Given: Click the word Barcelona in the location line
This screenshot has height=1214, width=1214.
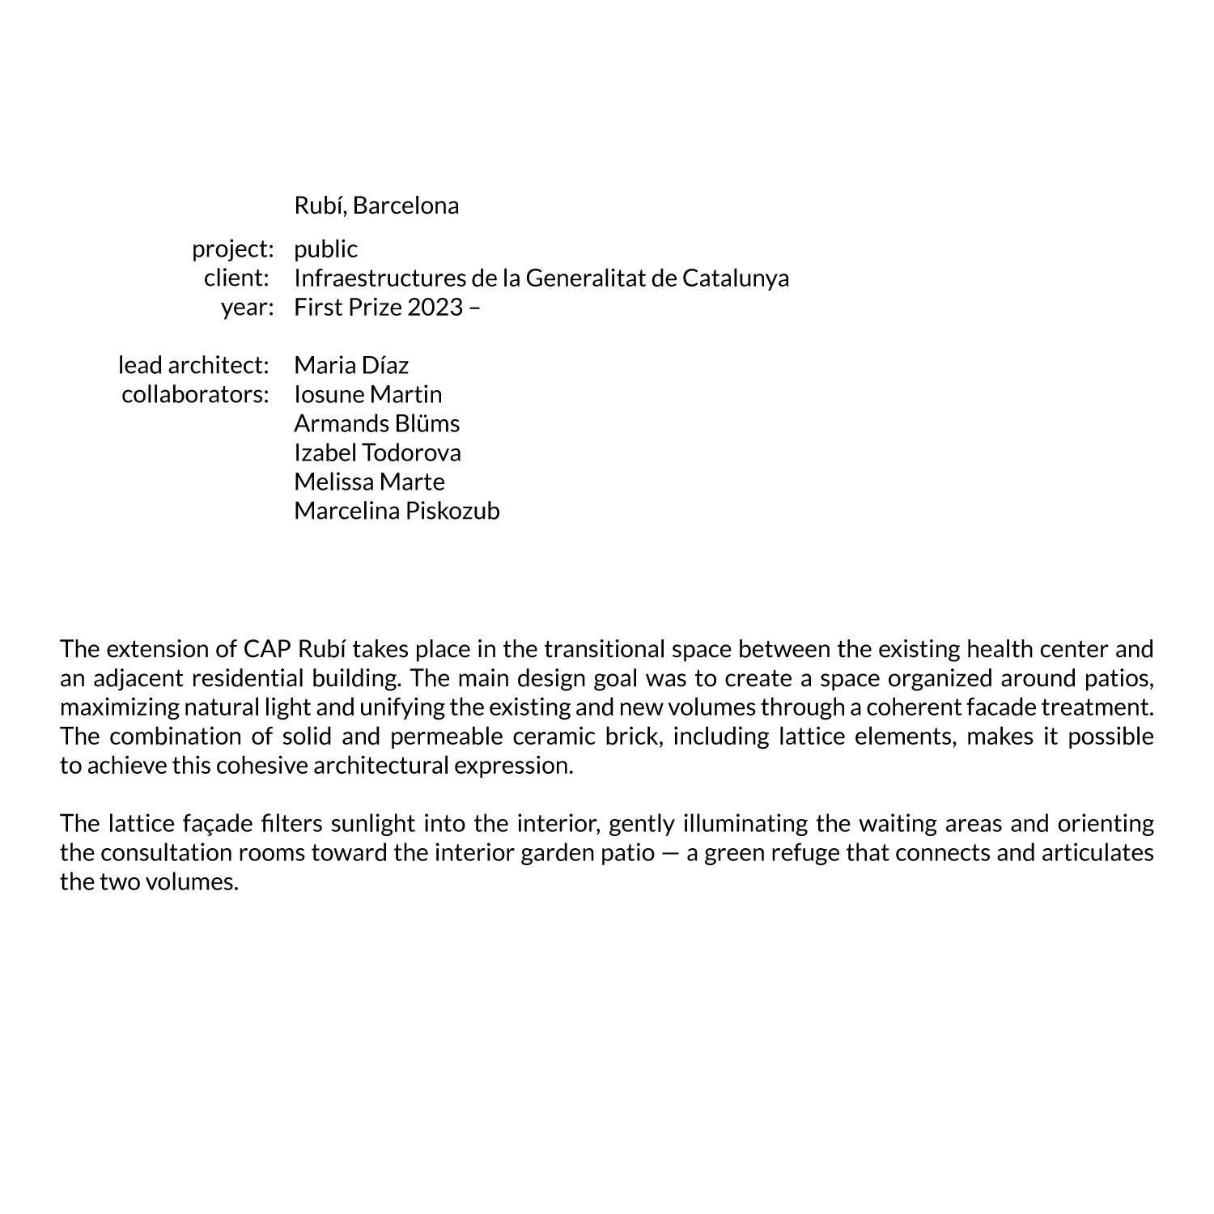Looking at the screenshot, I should pyautogui.click(x=405, y=206).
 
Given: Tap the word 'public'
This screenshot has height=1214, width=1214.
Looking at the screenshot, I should pyautogui.click(x=325, y=249).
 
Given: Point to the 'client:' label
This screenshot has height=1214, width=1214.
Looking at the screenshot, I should pyautogui.click(x=236, y=278).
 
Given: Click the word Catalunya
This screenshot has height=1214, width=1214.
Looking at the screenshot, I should pyautogui.click(x=736, y=278).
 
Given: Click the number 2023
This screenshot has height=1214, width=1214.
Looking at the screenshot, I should pyautogui.click(x=435, y=308).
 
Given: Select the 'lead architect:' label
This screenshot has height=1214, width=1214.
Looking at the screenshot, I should pyautogui.click(x=193, y=366).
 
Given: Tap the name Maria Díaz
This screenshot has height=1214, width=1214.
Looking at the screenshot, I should pyautogui.click(x=351, y=366).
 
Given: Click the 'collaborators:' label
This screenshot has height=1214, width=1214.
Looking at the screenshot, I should pyautogui.click(x=195, y=395).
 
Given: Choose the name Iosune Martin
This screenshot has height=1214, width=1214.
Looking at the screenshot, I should pyautogui.click(x=368, y=395).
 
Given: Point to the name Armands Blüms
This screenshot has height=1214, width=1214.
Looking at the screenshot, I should pyautogui.click(x=376, y=424).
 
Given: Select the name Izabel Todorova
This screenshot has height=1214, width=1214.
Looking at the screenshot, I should pyautogui.click(x=377, y=453).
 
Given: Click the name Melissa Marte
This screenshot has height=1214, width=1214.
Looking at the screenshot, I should pyautogui.click(x=369, y=482).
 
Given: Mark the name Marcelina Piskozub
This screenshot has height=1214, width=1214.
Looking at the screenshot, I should pyautogui.click(x=397, y=511).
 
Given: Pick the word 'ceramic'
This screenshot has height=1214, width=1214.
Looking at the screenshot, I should pyautogui.click(x=548, y=736).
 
